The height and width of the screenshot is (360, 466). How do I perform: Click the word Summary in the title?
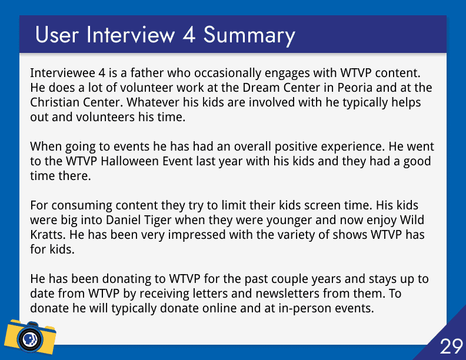[249, 36]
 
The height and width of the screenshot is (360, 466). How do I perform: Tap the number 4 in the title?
[189, 35]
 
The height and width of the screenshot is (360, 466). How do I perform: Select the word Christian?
[55, 102]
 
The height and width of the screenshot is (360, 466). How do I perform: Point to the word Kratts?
[48, 235]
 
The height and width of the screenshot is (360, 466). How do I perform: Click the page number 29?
[451, 346]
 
